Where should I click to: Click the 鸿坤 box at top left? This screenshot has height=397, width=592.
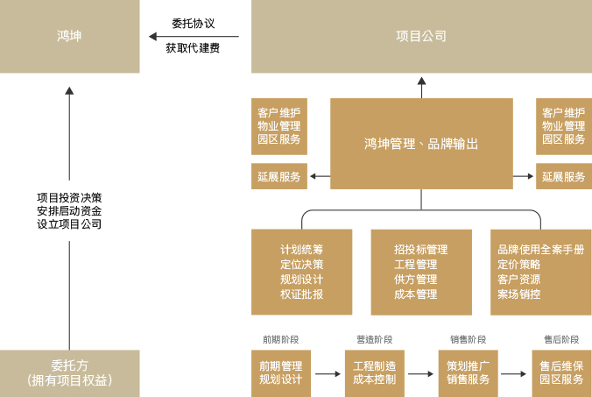(x=69, y=36)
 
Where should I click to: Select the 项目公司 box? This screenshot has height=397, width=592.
(x=421, y=36)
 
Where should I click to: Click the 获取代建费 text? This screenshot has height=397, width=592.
(x=193, y=48)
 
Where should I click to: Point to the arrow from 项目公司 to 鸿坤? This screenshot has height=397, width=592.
(x=193, y=37)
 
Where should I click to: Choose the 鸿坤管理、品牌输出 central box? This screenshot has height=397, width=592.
(x=421, y=144)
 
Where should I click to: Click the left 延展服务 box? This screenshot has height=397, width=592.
(x=278, y=177)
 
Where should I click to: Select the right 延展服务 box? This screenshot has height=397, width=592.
(x=563, y=177)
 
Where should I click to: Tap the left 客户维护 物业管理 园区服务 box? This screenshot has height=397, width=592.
(x=278, y=126)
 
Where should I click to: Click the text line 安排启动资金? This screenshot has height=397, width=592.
(x=69, y=210)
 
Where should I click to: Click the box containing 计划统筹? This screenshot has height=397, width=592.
(x=301, y=272)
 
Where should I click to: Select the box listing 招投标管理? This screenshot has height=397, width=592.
(x=421, y=272)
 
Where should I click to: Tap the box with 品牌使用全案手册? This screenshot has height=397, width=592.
(x=540, y=272)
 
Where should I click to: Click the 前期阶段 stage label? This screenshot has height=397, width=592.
(x=280, y=339)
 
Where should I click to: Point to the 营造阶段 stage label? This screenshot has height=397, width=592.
(x=374, y=339)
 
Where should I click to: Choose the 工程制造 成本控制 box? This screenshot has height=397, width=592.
(x=374, y=372)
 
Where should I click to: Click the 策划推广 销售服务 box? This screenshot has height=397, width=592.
(x=468, y=372)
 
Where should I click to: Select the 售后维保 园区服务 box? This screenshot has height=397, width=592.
(x=561, y=372)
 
